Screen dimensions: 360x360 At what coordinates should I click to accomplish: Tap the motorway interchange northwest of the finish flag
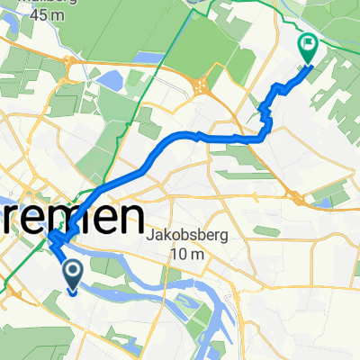click(x=202, y=88)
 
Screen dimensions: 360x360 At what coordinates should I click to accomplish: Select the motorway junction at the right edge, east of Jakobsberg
click(x=295, y=197)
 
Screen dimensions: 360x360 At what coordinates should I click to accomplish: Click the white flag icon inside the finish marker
click(x=308, y=41)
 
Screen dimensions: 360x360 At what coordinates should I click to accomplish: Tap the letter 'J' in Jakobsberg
click(x=148, y=237)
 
